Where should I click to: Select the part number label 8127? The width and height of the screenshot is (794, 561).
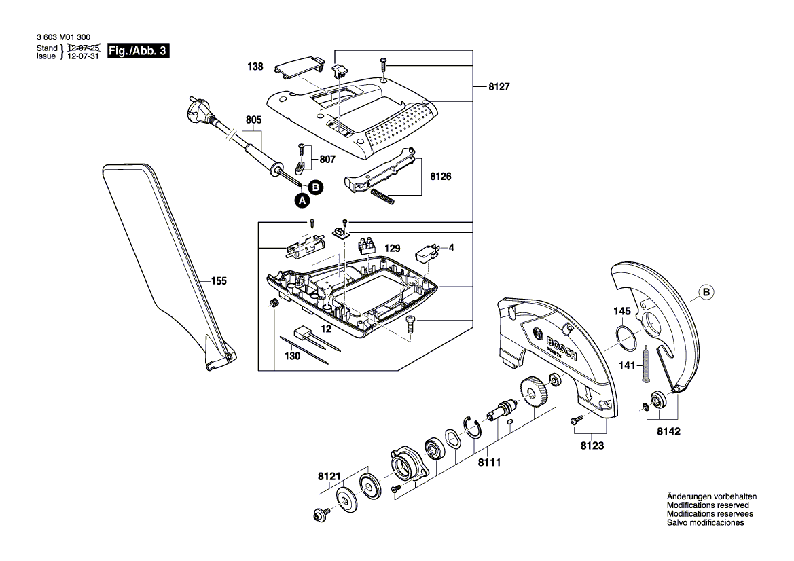(499, 87)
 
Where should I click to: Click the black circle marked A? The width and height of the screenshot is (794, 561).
(302, 200)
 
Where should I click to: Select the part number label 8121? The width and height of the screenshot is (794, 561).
(330, 477)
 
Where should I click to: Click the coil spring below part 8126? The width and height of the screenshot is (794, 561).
(384, 197)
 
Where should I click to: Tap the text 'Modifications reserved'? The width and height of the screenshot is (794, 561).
(708, 506)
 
